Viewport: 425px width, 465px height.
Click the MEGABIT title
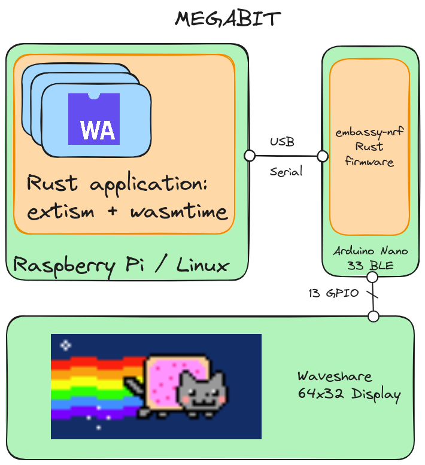tap(227, 19)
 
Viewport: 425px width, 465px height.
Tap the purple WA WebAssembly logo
tap(94, 119)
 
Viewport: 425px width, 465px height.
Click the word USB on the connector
tap(282, 142)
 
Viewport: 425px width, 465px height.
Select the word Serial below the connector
tap(286, 172)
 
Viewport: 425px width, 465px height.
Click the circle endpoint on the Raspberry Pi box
tap(250, 156)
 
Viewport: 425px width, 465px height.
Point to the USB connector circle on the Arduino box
tap(323, 156)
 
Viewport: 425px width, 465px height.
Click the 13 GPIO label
tap(333, 294)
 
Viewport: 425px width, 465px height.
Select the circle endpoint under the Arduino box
tap(372, 277)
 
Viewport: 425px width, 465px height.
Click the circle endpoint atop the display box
tap(374, 316)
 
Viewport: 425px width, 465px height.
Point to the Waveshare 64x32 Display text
tap(348, 385)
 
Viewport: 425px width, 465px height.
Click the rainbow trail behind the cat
tap(90, 384)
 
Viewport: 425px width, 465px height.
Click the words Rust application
tap(117, 184)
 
